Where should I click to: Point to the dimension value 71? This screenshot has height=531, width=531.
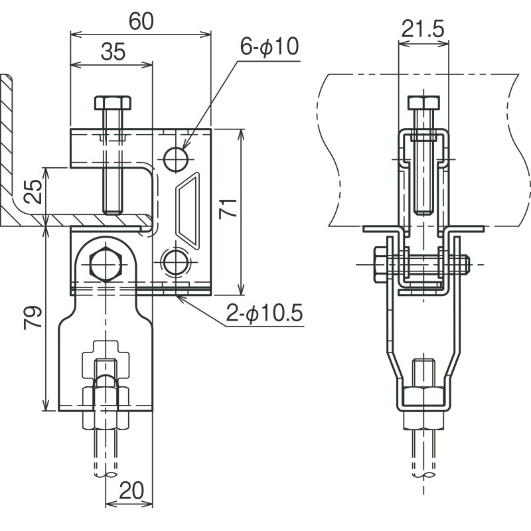[228, 211]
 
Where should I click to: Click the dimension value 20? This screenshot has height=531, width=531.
[131, 492]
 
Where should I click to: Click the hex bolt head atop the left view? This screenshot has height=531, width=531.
[112, 103]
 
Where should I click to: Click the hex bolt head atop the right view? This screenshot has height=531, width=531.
[423, 103]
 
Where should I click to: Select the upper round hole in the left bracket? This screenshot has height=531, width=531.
[175, 158]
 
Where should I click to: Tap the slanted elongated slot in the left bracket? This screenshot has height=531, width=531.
[187, 208]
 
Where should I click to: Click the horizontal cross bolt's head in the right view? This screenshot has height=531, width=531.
[380, 264]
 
